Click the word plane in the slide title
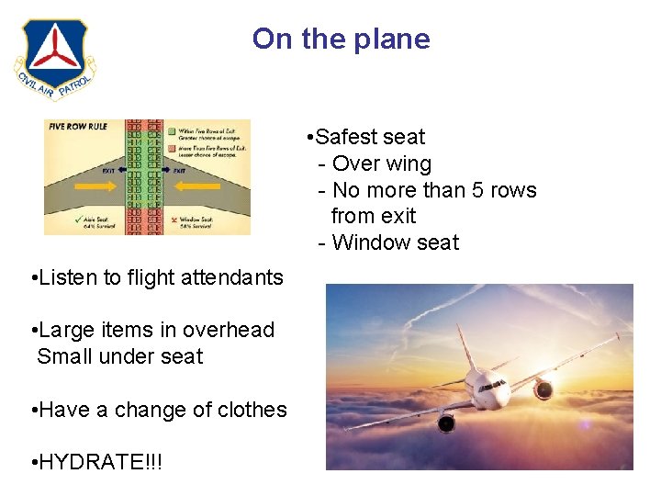coord(395,39)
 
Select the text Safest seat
coord(370,137)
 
